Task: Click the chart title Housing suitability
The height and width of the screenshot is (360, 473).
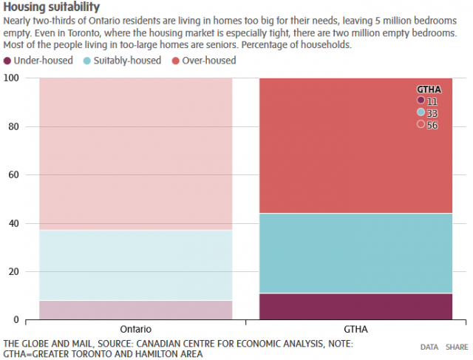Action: click(x=52, y=7)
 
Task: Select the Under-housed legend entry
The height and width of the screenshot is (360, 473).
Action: click(x=43, y=61)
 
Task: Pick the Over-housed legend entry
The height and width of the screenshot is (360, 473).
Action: click(x=208, y=61)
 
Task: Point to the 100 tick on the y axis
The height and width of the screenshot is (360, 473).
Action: click(x=12, y=78)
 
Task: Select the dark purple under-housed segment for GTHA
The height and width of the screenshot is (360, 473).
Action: click(x=355, y=307)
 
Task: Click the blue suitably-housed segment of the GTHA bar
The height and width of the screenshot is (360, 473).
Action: click(x=355, y=254)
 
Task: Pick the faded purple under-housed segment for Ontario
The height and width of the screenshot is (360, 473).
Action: click(x=136, y=310)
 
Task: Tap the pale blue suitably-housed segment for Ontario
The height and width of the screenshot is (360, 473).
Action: click(x=136, y=265)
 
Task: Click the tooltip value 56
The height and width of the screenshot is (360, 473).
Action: click(x=432, y=125)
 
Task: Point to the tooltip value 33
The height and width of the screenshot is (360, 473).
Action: click(x=432, y=112)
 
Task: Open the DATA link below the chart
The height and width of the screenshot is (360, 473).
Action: click(x=429, y=346)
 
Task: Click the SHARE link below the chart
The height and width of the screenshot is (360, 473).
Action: click(x=456, y=346)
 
